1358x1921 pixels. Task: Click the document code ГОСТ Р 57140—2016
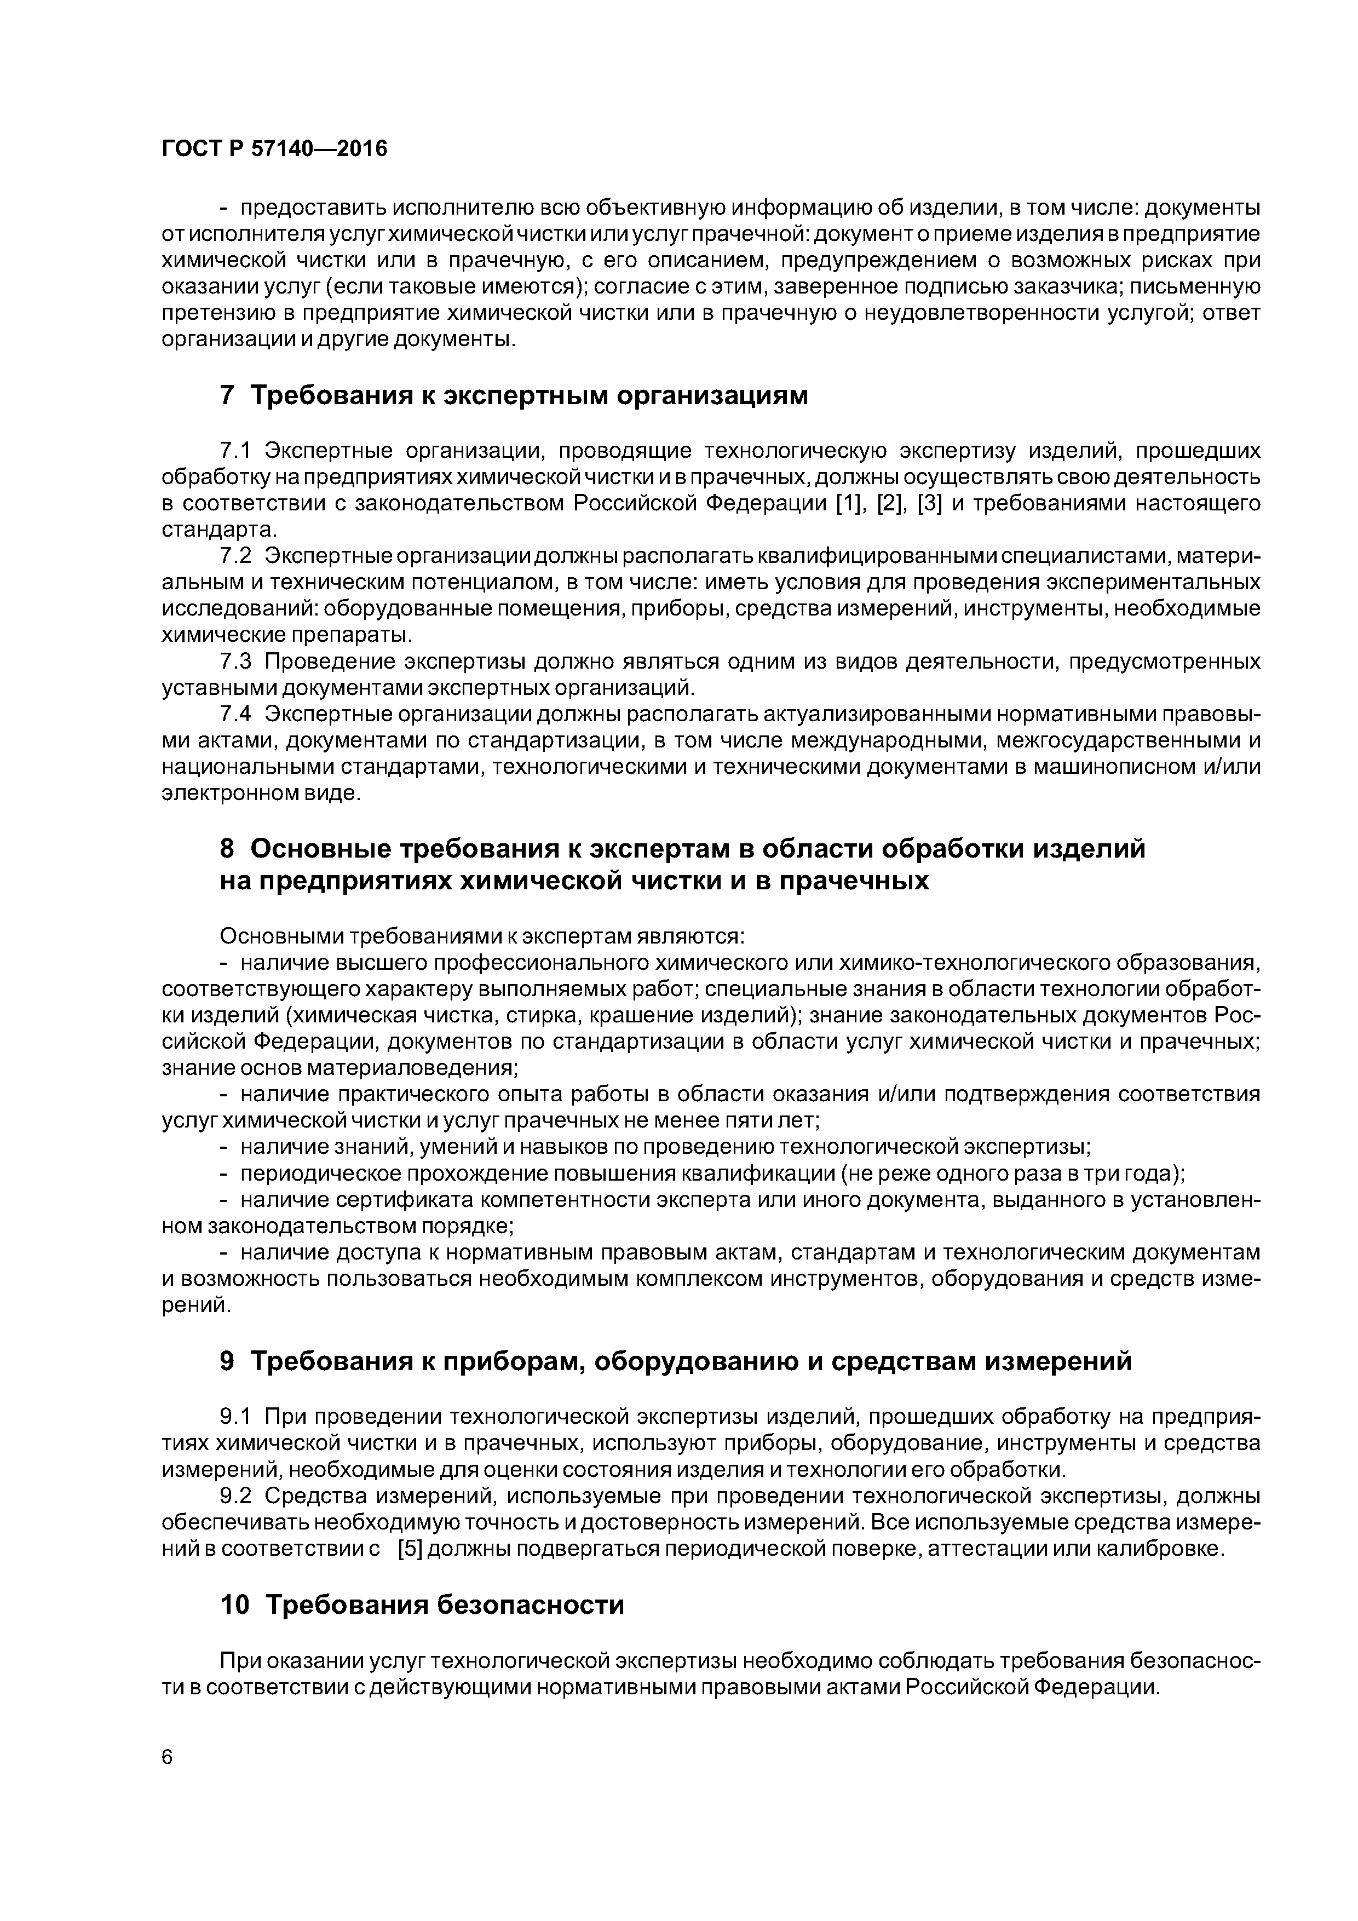274,149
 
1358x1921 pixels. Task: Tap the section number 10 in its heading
234,1604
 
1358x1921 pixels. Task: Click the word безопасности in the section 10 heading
531,1604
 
